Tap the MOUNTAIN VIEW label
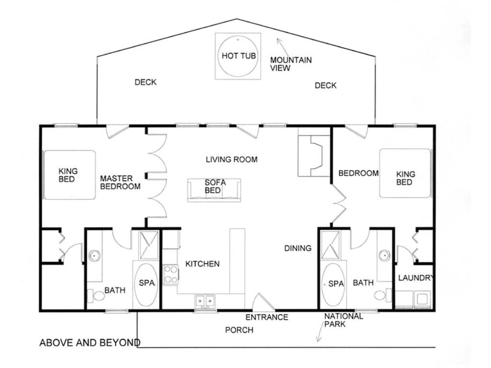[x=291, y=64]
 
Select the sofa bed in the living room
[x=214, y=190]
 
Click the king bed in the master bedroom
[x=69, y=175]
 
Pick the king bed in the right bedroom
[x=406, y=173]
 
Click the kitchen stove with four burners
[x=171, y=274]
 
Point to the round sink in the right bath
[x=384, y=256]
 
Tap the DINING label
[x=298, y=248]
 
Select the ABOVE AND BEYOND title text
[x=90, y=342]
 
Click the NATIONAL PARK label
[x=344, y=320]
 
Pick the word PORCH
[x=239, y=330]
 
